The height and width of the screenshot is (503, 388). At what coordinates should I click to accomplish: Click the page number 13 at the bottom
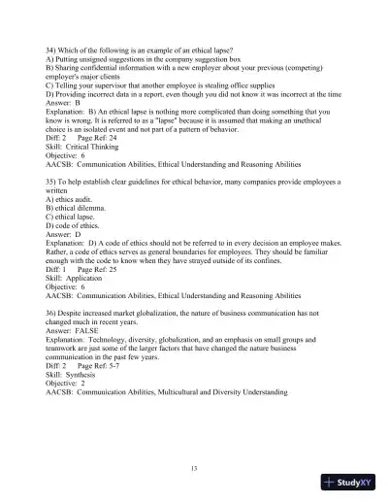(194, 469)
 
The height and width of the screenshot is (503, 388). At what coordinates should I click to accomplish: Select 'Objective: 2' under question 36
(64, 389)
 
